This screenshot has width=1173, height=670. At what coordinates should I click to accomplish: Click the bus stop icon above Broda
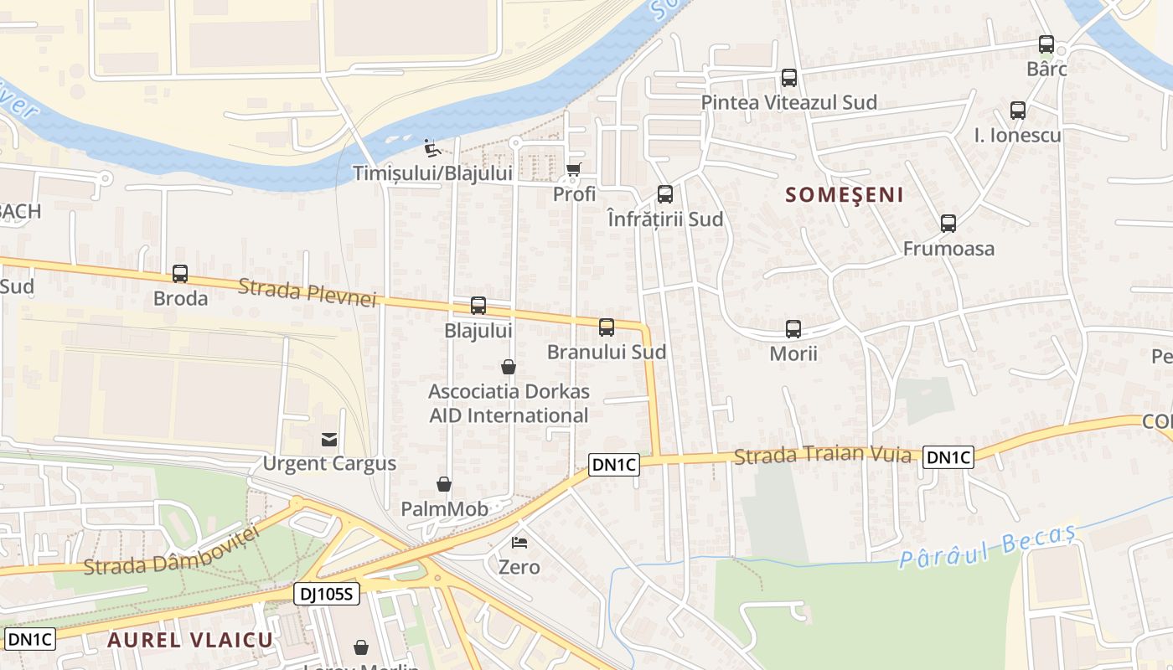(180, 274)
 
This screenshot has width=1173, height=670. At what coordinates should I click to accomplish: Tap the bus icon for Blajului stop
(478, 306)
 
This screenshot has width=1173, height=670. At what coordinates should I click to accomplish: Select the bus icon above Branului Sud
(607, 327)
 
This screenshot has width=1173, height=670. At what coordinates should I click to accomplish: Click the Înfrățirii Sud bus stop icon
(665, 194)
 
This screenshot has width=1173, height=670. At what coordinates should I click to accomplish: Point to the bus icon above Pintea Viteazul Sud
(789, 78)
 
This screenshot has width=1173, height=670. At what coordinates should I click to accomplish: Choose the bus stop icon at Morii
(793, 329)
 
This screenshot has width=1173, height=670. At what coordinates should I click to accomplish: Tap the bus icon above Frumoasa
(948, 224)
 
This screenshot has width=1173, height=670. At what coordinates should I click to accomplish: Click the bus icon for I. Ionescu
(1018, 110)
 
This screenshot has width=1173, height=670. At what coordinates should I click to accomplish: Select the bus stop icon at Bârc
(1046, 44)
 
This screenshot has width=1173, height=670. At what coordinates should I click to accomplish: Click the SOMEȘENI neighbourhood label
(845, 195)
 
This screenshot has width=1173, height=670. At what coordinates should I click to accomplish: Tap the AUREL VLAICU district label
(190, 640)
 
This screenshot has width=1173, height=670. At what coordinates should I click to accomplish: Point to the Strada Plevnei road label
(307, 293)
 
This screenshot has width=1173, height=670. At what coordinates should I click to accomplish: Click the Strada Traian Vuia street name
(822, 455)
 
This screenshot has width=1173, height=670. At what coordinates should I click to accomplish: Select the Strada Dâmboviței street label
(168, 553)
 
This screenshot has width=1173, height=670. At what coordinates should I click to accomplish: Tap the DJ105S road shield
(327, 595)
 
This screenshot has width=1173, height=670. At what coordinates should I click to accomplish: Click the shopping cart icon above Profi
(574, 170)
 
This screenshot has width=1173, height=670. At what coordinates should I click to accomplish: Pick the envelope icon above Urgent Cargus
(329, 440)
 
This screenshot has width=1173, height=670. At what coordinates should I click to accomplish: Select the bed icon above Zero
(519, 543)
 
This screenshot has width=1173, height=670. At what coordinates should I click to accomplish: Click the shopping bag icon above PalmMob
(444, 484)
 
